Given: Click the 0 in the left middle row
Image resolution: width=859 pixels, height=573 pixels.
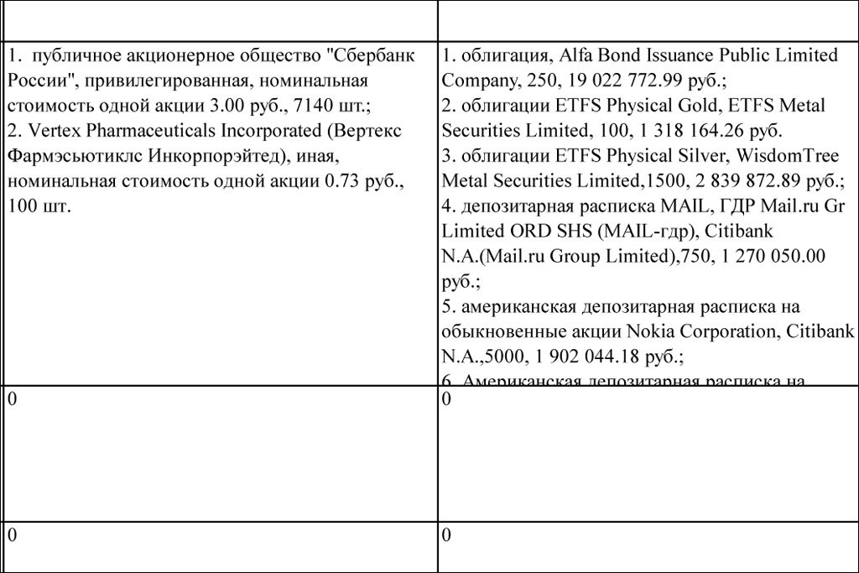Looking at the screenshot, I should (x=12, y=400).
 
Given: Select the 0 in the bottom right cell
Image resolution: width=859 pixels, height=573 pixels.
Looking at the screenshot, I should (x=446, y=536).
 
